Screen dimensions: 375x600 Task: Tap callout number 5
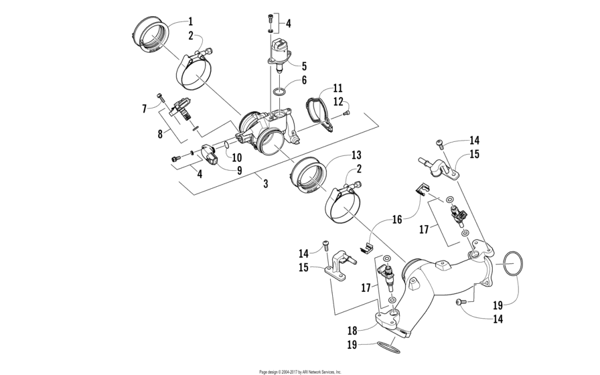pyautogui.click(x=303, y=66)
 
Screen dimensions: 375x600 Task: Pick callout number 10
pyautogui.click(x=236, y=156)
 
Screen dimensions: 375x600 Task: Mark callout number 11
pyautogui.click(x=337, y=88)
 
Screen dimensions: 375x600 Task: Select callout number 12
pyautogui.click(x=337, y=101)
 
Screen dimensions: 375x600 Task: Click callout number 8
pyautogui.click(x=160, y=133)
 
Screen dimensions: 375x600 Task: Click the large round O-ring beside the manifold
pyautogui.click(x=512, y=265)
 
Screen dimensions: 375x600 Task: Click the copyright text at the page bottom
pyautogui.click(x=300, y=371)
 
